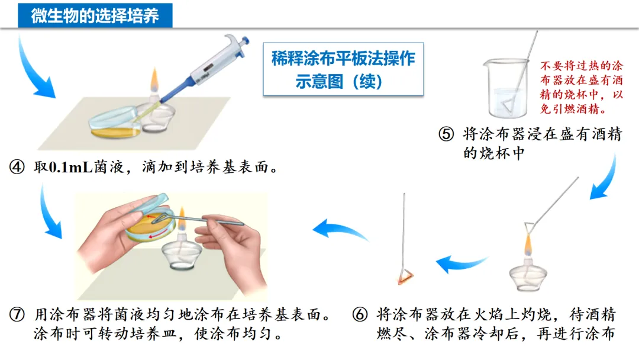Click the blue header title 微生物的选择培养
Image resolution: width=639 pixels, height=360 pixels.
tap(95, 16)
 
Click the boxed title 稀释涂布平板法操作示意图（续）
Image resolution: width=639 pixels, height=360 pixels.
tap(343, 70)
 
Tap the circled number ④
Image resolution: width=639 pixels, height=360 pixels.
tap(17, 167)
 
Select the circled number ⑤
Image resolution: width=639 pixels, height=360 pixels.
tap(446, 134)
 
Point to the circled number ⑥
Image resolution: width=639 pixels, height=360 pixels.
tap(360, 315)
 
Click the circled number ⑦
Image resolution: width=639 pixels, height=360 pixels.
tap(17, 315)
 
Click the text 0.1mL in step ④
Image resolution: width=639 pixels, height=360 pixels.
tap(70, 167)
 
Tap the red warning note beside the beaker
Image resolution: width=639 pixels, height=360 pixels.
tap(582, 87)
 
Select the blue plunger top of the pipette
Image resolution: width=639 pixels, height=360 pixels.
tap(246, 41)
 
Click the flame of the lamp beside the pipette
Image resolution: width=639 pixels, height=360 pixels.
tap(154, 81)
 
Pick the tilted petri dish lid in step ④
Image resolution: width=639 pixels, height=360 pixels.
tap(114, 118)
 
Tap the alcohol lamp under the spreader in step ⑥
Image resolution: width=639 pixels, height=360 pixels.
tap(528, 275)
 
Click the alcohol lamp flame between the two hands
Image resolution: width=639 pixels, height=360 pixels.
tap(182, 220)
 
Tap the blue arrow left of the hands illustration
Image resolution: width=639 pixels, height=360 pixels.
tap(50, 212)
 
